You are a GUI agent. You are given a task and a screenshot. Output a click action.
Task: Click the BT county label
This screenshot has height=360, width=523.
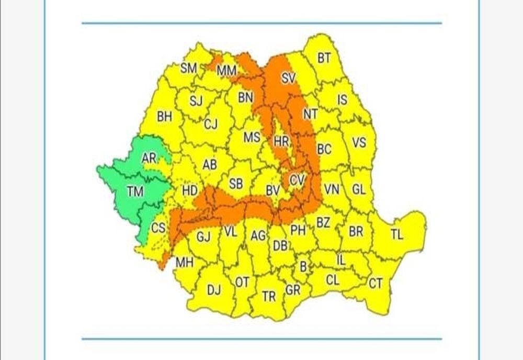324,58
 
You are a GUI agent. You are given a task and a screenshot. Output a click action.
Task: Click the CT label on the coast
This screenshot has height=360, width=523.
376,284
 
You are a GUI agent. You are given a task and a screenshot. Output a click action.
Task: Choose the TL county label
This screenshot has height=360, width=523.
397,235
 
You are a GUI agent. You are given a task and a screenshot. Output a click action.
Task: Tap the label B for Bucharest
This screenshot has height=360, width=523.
303,266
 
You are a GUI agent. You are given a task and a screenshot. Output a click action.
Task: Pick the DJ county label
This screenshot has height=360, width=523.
214,289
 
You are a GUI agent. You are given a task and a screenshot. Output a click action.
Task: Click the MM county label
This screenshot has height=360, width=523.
226,70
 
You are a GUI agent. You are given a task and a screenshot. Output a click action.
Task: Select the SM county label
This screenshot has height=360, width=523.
188,68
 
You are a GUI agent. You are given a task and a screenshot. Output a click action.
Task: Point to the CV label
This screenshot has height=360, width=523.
297,180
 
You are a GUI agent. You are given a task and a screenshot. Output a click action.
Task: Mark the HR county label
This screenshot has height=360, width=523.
281,141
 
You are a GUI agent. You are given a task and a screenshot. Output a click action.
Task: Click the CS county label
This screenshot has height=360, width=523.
158,228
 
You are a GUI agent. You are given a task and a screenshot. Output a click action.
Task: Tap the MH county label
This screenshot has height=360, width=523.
184,263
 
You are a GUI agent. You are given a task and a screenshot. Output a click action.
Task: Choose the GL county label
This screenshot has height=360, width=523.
359,189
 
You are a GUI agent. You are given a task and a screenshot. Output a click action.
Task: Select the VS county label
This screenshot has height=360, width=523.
358,142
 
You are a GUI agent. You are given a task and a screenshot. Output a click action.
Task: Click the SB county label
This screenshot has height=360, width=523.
236,184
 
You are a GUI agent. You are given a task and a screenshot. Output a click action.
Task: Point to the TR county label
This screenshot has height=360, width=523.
269,297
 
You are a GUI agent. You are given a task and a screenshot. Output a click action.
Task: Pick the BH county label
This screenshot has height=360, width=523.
165,117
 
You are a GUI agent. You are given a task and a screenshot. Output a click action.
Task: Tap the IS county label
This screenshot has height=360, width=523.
342,99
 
